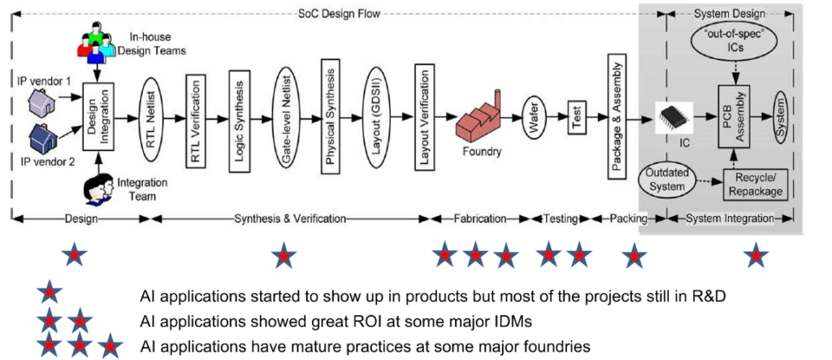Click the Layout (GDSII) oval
(376, 115)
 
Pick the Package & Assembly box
(615, 116)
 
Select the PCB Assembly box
(734, 115)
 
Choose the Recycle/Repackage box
(755, 184)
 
